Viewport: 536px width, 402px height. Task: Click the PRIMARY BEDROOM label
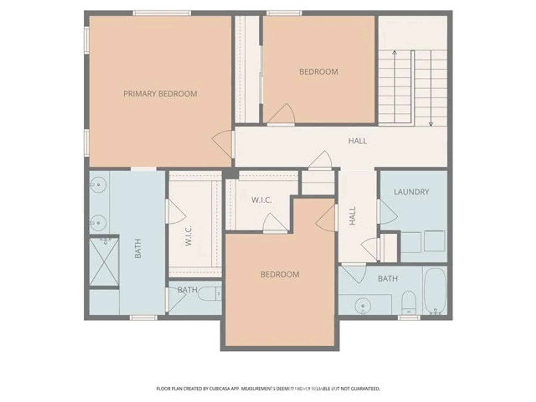pyautogui.click(x=160, y=94)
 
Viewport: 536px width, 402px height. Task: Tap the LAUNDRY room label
pyautogui.click(x=411, y=192)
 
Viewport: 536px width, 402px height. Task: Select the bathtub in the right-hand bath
pyautogui.click(x=435, y=291)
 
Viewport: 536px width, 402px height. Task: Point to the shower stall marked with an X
pyautogui.click(x=104, y=262)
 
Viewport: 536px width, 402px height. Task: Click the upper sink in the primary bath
pyautogui.click(x=98, y=185)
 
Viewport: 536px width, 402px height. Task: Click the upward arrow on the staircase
pyautogui.click(x=394, y=53)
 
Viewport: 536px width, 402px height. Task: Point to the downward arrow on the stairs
pyautogui.click(x=431, y=124)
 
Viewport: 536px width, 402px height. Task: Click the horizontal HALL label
pyautogui.click(x=358, y=141)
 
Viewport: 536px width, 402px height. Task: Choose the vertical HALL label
pyautogui.click(x=353, y=216)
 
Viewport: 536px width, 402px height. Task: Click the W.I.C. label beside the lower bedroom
pyautogui.click(x=262, y=200)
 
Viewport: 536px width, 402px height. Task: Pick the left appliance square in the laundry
pyautogui.click(x=410, y=242)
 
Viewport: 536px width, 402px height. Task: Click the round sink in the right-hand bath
pyautogui.click(x=363, y=306)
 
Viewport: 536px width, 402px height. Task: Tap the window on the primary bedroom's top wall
pyautogui.click(x=162, y=13)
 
